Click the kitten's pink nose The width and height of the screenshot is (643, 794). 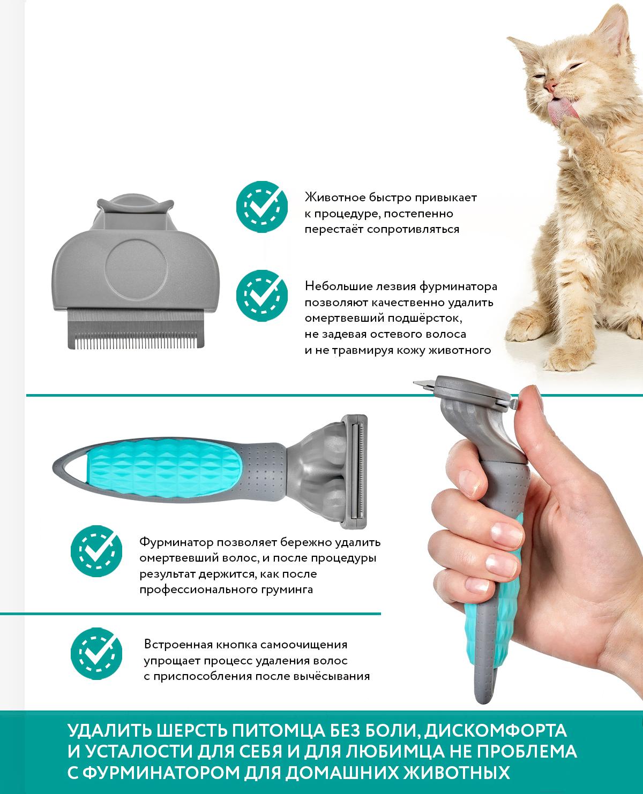[x=549, y=87]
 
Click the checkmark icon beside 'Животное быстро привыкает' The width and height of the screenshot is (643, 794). [x=262, y=207]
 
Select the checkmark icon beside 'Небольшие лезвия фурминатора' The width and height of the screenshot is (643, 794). [x=262, y=296]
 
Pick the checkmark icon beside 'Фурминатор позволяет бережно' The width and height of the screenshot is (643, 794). [x=96, y=551]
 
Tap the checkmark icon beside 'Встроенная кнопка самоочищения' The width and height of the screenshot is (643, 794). [x=96, y=654]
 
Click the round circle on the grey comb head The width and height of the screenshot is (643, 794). [x=136, y=269]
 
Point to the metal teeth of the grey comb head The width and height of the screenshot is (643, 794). [x=136, y=329]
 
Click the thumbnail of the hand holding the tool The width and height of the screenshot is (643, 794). [x=538, y=398]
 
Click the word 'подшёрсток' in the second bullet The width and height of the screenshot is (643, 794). [x=424, y=319]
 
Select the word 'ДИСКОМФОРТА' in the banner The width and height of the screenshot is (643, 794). [x=495, y=731]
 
